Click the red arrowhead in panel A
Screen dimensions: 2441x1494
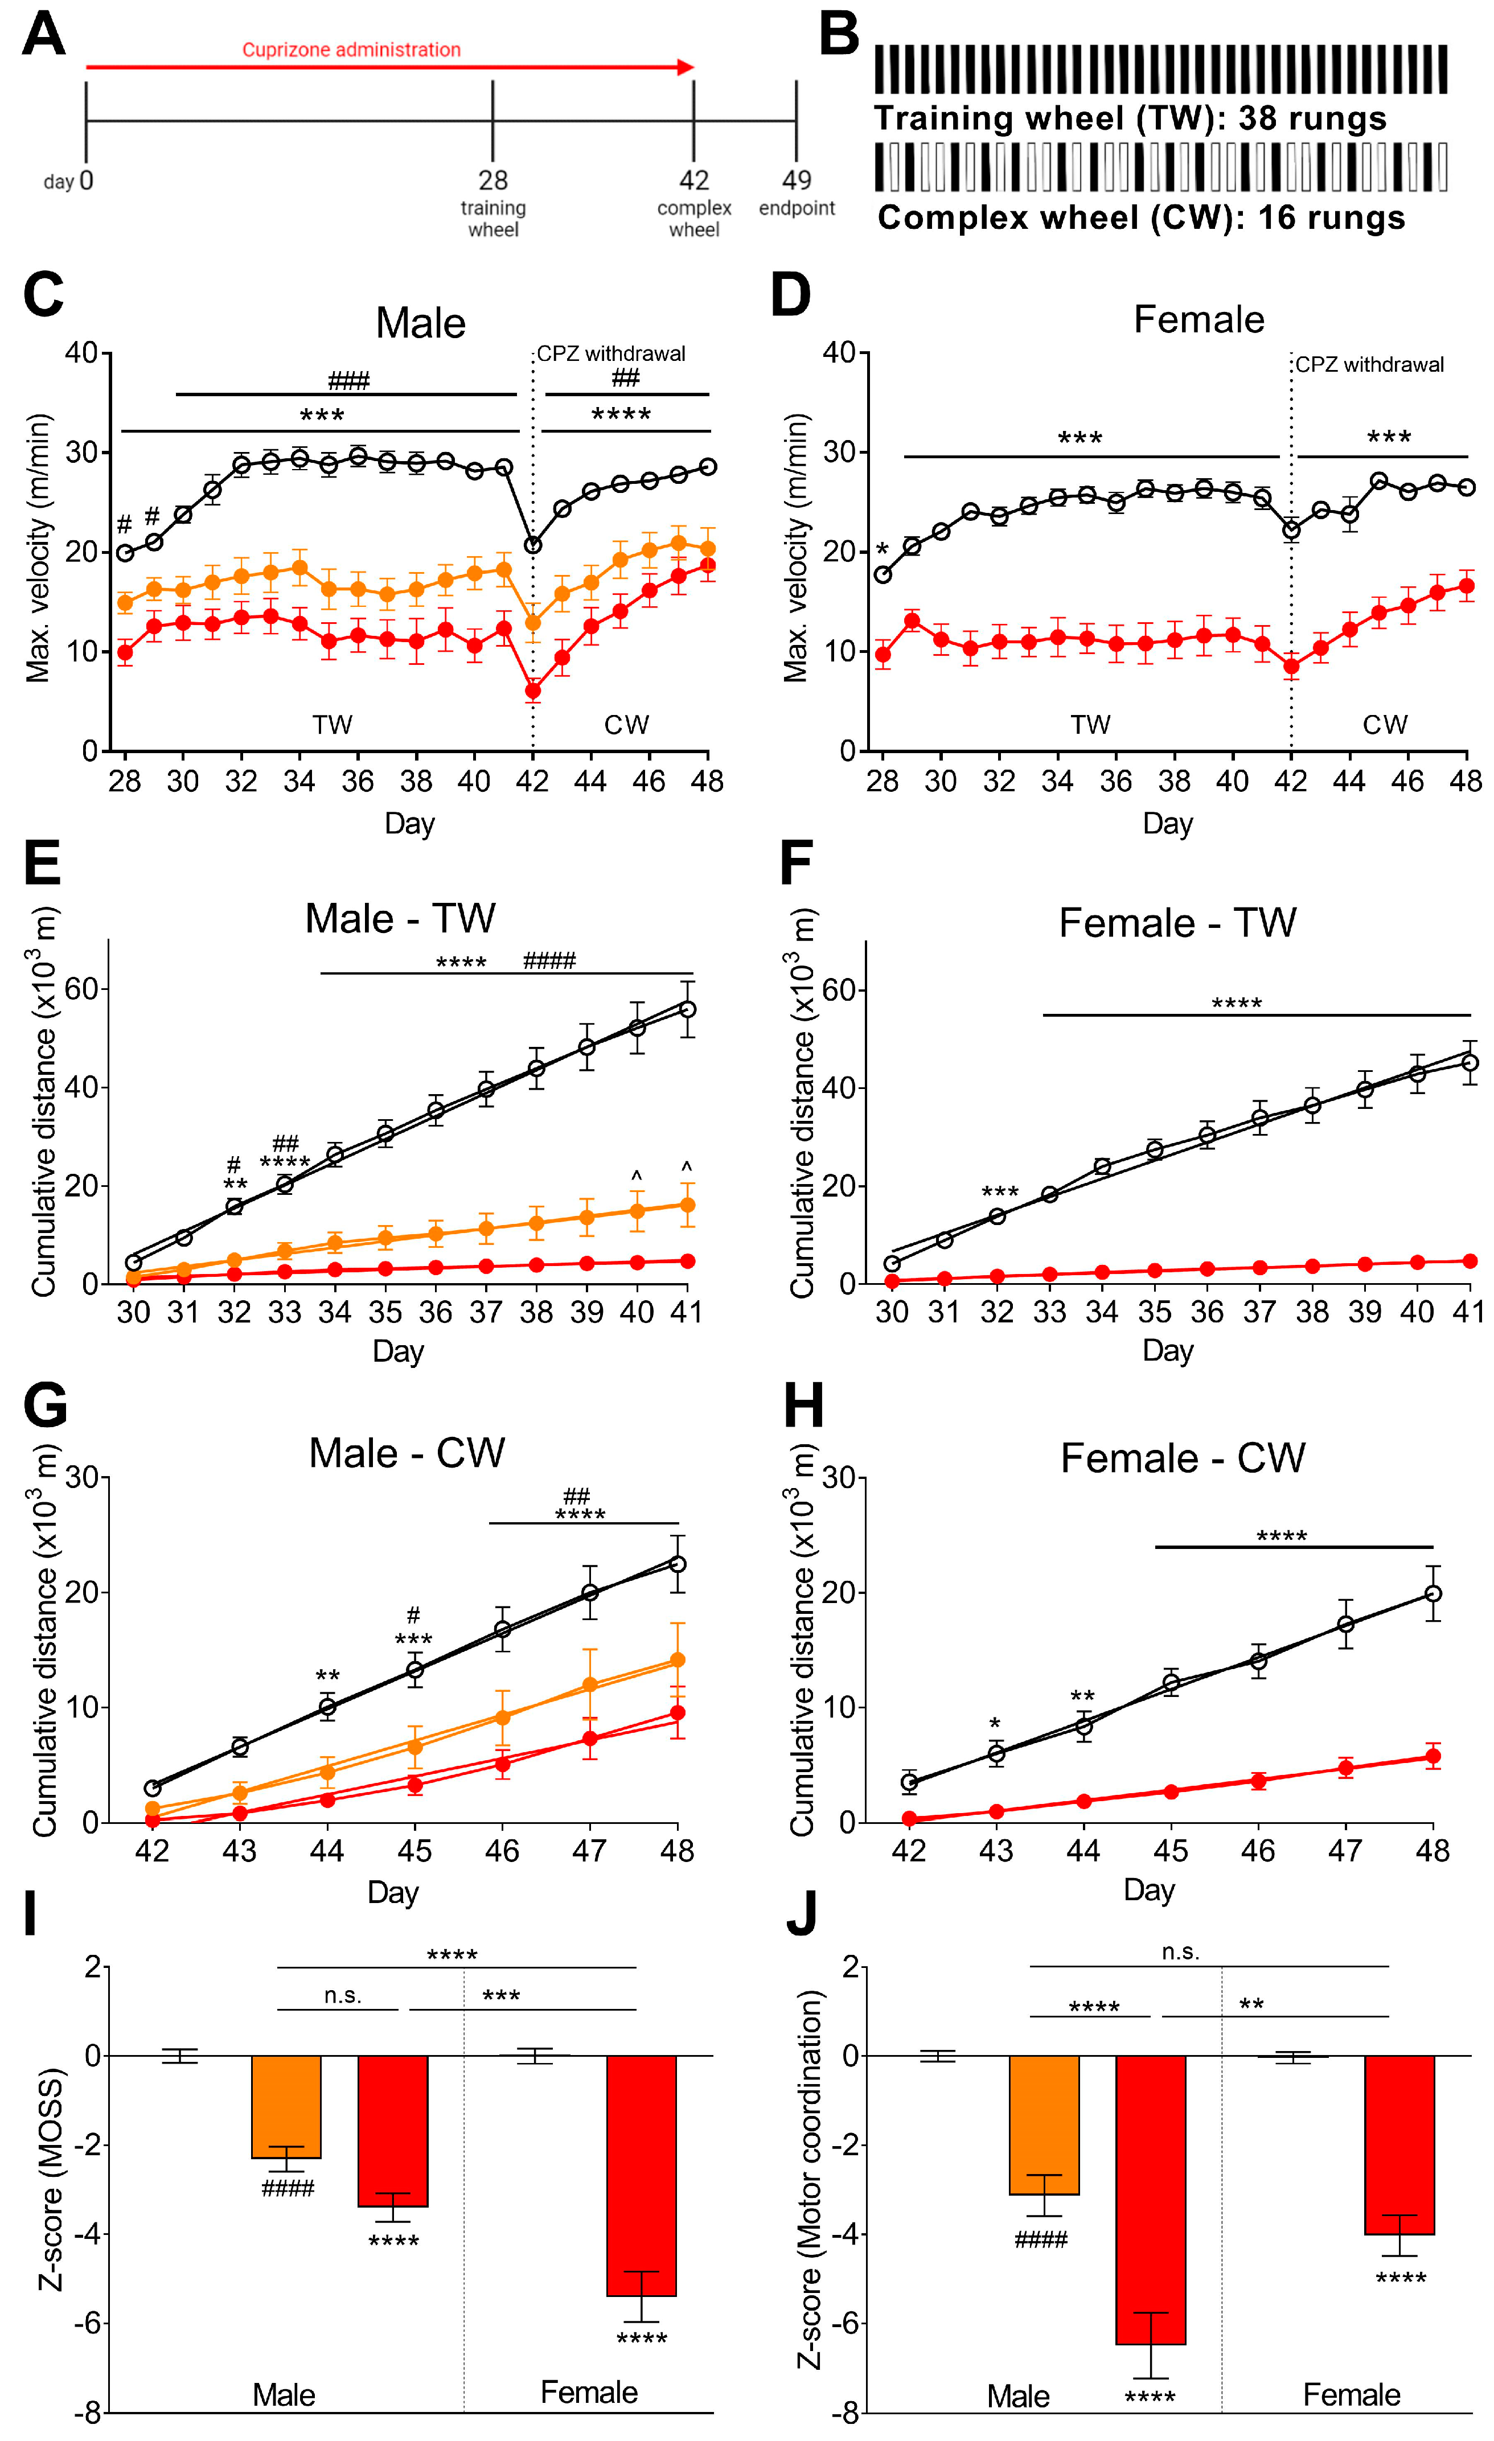[686, 67]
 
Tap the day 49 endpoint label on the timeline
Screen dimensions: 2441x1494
[797, 192]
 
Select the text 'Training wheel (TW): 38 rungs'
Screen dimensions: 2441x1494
[1130, 119]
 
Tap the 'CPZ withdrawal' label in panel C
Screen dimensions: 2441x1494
[610, 354]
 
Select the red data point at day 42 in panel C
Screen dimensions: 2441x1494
[533, 691]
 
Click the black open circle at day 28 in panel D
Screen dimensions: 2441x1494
[882, 574]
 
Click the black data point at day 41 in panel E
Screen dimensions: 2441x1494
[688, 1009]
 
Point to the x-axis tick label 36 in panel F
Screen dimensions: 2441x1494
[1206, 1313]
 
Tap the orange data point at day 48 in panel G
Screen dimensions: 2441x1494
[678, 1659]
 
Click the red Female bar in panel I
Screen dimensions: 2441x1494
[641, 2175]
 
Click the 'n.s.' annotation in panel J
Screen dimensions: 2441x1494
[1180, 1951]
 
